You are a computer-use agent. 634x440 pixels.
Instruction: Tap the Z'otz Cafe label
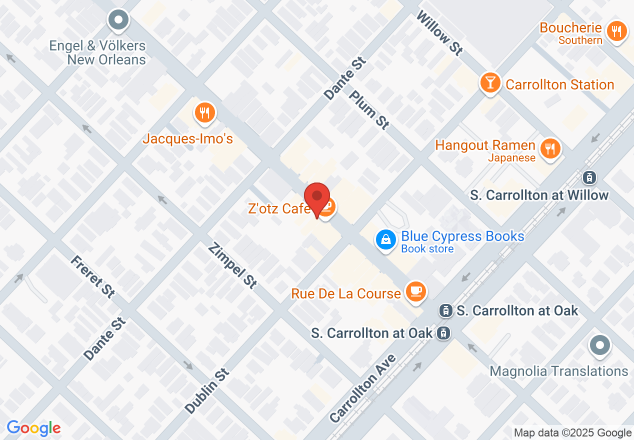277,208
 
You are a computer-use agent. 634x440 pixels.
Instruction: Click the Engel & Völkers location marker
118,21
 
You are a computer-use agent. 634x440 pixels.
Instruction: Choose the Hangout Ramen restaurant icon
550,148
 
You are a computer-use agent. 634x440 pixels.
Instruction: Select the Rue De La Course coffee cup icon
415,291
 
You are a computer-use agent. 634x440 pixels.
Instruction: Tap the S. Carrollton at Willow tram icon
589,177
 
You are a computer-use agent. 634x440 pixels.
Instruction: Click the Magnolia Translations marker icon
600,345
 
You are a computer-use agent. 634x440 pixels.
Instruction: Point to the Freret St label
92,277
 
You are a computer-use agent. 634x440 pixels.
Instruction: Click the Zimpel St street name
232,265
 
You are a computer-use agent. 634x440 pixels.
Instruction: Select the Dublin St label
206,391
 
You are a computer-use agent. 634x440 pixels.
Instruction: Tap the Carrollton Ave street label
363,387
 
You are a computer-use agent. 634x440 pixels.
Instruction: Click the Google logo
33,428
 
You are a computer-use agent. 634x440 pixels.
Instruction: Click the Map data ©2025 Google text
572,433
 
